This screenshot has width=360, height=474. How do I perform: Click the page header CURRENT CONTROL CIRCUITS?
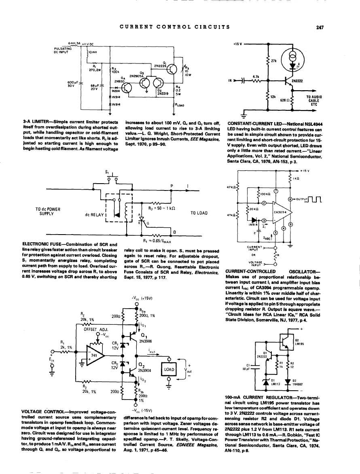pos(175,27)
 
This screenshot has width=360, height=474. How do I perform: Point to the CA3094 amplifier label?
pos(280,212)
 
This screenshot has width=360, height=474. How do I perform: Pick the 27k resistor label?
pos(273,61)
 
